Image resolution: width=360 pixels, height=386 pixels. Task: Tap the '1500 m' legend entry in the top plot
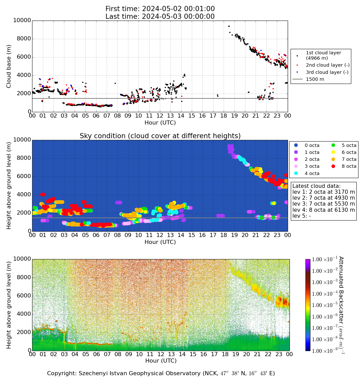pyautogui.click(x=315, y=79)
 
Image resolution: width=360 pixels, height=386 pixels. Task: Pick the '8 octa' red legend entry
pyautogui.click(x=349, y=166)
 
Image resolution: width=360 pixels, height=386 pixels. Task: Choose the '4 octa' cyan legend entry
pyautogui.click(x=312, y=173)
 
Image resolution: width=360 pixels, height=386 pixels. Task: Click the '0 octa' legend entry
pyautogui.click(x=312, y=145)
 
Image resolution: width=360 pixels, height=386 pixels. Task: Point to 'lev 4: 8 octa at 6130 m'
pyautogui.click(x=323, y=210)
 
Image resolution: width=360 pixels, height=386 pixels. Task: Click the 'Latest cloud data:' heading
pyautogui.click(x=316, y=186)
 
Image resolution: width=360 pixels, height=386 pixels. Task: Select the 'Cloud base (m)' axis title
pyautogui.click(x=9, y=66)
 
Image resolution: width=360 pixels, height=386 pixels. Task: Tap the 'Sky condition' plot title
pyautogui.click(x=160, y=136)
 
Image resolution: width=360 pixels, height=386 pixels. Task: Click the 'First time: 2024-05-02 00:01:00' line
pyautogui.click(x=160, y=9)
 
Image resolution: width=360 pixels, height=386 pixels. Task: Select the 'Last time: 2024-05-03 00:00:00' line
pyautogui.click(x=160, y=16)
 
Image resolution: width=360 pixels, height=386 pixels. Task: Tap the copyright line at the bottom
pyautogui.click(x=161, y=373)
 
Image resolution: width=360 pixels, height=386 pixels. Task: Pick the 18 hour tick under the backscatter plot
pyautogui.click(x=225, y=354)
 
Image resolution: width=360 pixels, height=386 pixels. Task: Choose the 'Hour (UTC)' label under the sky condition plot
pyautogui.click(x=160, y=242)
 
